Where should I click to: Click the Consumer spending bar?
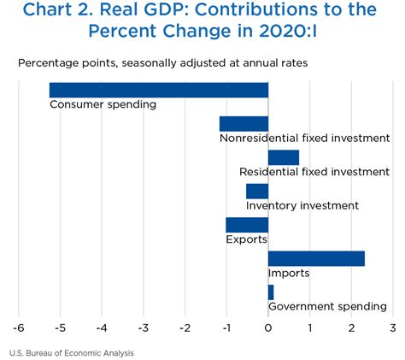coord(159,90)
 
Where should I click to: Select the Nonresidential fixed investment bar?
coord(244,124)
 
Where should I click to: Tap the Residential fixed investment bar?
coord(284,157)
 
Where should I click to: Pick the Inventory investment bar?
coord(257,192)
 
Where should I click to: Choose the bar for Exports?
coord(247,225)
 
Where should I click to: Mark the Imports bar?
coord(316,259)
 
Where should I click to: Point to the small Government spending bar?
coord(271,292)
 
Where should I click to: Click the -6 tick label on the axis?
coord(19,328)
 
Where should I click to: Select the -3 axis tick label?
coord(144,328)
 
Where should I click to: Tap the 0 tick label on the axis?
coord(268,328)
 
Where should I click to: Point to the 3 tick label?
coord(393,328)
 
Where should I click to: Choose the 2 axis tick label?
coord(351,328)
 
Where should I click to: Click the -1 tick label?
coord(226,328)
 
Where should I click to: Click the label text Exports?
coord(247,239)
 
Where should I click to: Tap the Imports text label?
coord(289,273)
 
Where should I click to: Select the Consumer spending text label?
coord(103,104)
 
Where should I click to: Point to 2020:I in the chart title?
coord(288,31)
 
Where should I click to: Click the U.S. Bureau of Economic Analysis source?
coord(72,353)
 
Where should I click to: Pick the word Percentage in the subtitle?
coord(49,63)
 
